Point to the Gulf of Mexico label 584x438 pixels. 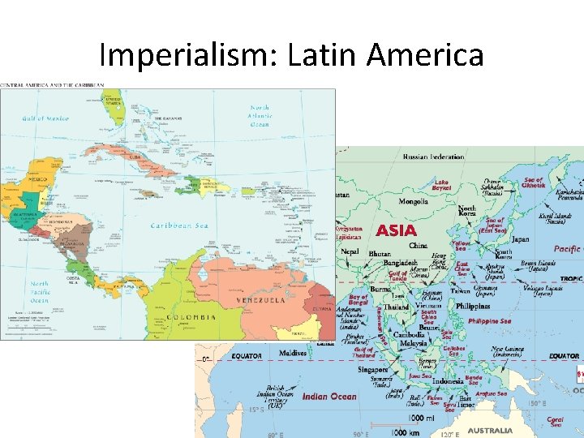pos(47,118)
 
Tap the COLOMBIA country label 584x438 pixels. pos(192,317)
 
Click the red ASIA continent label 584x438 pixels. pos(397,230)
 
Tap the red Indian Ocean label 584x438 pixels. pos(328,396)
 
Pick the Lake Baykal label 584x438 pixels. pos(441,185)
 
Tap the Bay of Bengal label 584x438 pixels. pos(359,303)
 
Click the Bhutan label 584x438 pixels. pos(380,254)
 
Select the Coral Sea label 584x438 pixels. pos(555,422)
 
